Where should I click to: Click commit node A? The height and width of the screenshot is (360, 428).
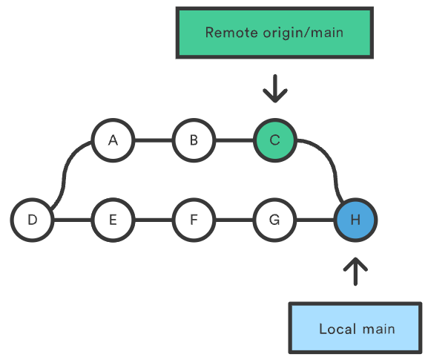click(x=113, y=140)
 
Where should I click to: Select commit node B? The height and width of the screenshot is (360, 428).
click(x=194, y=140)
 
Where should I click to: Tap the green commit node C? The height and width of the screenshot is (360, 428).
click(x=274, y=140)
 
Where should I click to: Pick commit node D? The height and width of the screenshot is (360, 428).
click(x=32, y=220)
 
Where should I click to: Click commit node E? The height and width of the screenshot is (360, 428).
click(x=113, y=220)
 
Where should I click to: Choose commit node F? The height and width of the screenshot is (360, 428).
click(x=194, y=220)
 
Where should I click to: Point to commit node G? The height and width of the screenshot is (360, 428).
click(x=274, y=220)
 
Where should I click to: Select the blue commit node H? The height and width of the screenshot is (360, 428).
click(x=355, y=220)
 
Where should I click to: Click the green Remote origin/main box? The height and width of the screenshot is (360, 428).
click(x=274, y=33)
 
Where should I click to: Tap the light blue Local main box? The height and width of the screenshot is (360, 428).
click(x=357, y=328)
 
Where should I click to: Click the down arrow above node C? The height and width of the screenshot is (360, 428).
click(x=274, y=88)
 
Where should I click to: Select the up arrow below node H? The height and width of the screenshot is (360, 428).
click(x=356, y=271)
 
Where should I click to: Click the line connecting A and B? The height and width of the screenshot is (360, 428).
click(x=153, y=140)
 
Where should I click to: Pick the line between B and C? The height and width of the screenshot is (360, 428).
click(x=234, y=140)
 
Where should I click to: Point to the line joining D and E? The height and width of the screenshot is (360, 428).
click(x=73, y=220)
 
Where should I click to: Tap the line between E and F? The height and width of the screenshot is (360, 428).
click(x=153, y=220)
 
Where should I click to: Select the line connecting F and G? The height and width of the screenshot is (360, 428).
click(x=234, y=220)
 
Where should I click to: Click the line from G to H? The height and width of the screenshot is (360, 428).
click(x=315, y=220)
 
